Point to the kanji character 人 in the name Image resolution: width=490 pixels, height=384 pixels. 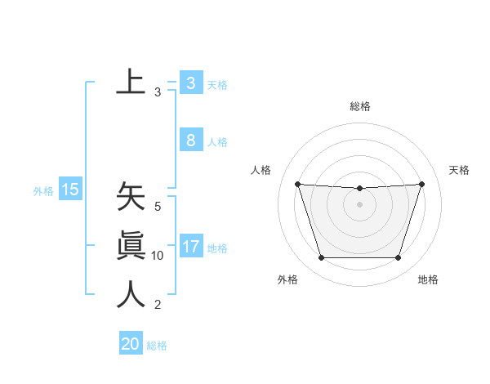131,294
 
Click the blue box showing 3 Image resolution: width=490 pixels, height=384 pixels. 190,83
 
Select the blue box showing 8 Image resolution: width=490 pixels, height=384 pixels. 190,140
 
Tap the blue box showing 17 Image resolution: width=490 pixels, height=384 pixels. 190,246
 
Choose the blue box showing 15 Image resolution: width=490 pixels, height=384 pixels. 69,190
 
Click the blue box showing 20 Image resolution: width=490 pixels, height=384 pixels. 130,344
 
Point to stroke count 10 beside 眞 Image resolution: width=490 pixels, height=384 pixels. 158,256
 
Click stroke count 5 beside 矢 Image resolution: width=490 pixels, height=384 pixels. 158,207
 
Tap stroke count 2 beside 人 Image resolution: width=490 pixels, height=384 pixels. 158,306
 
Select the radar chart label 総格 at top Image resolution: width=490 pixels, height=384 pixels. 360,106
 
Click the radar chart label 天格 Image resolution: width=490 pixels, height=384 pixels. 459,170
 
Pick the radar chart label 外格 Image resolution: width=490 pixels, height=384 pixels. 287,279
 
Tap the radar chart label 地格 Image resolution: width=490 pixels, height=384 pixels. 428,279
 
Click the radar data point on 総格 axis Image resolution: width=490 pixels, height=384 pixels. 359,189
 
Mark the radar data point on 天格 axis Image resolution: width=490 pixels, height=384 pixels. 421,184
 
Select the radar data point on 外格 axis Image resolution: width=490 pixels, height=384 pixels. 321,258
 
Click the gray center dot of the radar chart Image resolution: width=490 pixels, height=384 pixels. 359,204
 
